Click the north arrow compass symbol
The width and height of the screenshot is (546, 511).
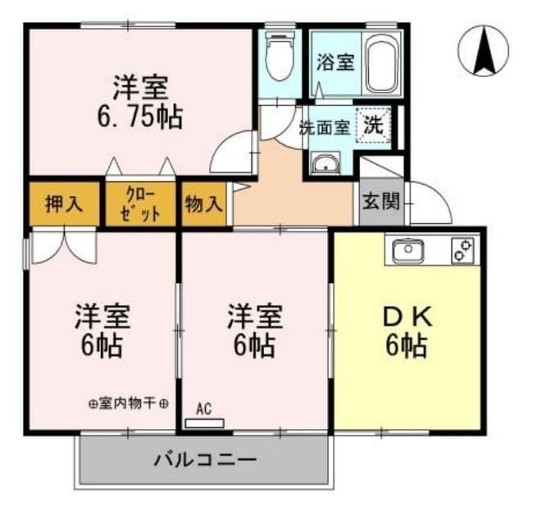483,51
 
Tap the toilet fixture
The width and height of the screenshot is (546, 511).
280,57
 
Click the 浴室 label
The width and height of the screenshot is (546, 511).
334,62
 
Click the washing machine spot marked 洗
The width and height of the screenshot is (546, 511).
373,126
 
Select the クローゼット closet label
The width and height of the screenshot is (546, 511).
140,203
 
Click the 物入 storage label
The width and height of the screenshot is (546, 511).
203,203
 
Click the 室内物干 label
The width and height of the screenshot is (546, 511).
129,404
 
